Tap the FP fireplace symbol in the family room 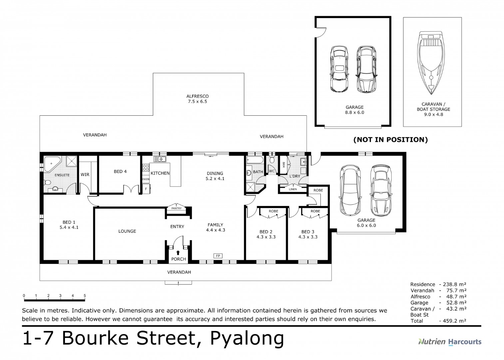coord(218,256)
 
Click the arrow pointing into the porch coord(178,252)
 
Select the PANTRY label coord(177,208)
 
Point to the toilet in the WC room coord(272,160)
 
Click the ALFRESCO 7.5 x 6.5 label coord(198,99)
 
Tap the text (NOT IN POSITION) coord(390,140)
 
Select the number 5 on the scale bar coord(85,296)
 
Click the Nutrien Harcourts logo coord(450,342)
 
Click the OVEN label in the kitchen coord(146,179)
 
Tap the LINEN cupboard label coord(292,189)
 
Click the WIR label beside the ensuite coord(85,174)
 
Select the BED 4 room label coord(120,171)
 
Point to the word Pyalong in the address coord(247,339)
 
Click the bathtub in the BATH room coord(255,160)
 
